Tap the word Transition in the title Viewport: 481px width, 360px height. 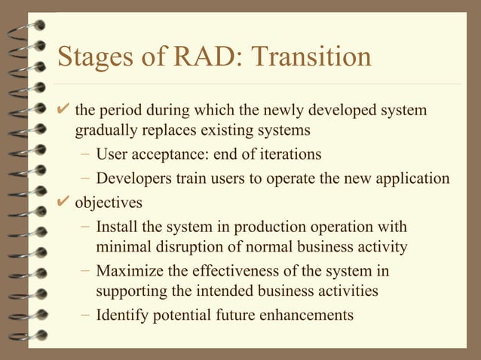pyautogui.click(x=311, y=56)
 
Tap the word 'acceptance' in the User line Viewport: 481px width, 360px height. pyautogui.click(x=169, y=155)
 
